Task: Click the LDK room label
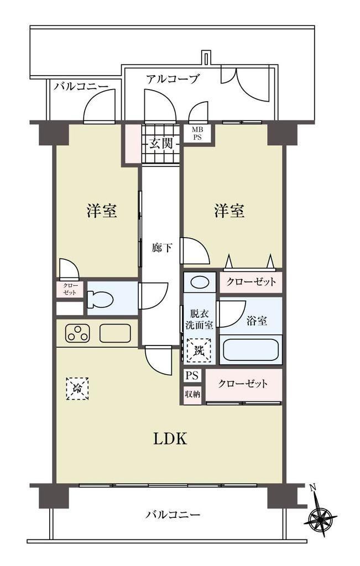point(170,439)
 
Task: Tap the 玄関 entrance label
point(161,144)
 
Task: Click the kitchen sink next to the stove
point(115,333)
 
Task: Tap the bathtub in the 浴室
point(251,349)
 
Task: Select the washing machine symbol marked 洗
point(199,350)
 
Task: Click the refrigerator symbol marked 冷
point(77,389)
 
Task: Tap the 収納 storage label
point(192,394)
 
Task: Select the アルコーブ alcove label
point(172,78)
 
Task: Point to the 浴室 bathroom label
point(257,320)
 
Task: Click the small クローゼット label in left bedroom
point(69,289)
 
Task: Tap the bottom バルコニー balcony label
point(173,514)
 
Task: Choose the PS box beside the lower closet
point(192,376)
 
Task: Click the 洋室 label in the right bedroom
point(229,211)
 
